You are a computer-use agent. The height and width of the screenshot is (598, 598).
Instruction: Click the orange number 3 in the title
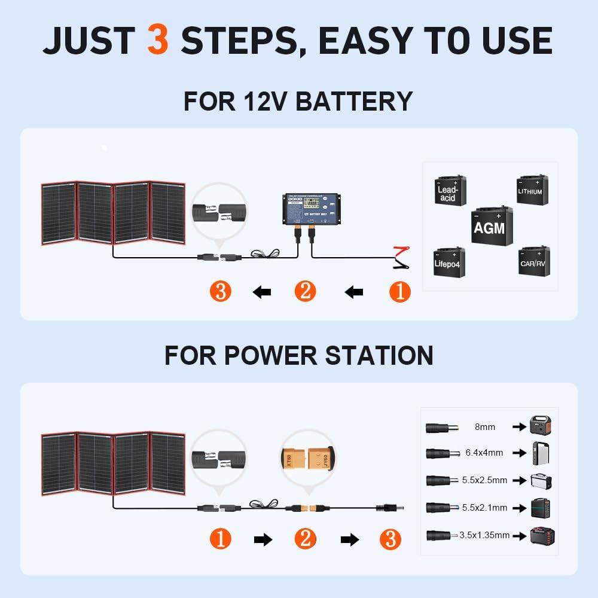point(157,40)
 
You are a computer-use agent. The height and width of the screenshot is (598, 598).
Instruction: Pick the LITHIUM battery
point(532,190)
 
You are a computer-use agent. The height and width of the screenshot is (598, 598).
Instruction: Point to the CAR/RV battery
point(533,261)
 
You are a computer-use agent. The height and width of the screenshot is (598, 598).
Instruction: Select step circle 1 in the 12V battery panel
point(400,292)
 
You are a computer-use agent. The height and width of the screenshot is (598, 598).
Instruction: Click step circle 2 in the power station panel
point(305,539)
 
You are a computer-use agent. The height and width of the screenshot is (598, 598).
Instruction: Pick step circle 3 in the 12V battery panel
point(221,292)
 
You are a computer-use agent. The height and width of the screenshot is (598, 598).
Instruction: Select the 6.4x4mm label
point(484,453)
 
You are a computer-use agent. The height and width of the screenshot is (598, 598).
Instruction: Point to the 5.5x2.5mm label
point(484,480)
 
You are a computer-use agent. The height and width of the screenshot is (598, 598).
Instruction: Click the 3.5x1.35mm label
point(484,535)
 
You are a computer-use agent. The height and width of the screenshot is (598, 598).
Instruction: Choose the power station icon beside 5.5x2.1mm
point(541,507)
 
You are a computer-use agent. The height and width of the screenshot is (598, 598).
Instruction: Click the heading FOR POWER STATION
point(298,355)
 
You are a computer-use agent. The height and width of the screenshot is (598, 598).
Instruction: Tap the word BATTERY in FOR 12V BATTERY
point(354,101)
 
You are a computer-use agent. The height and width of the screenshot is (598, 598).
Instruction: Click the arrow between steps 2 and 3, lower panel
point(349,540)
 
